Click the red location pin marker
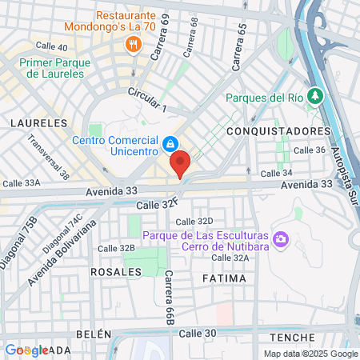click(180, 163)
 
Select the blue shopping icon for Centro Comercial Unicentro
click(170, 144)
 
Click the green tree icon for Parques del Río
click(316, 97)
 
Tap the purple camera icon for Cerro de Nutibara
click(281, 238)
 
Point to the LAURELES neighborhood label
click(38, 123)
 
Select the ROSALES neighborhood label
click(116, 271)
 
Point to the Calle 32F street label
click(157, 205)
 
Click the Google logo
click(26, 350)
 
